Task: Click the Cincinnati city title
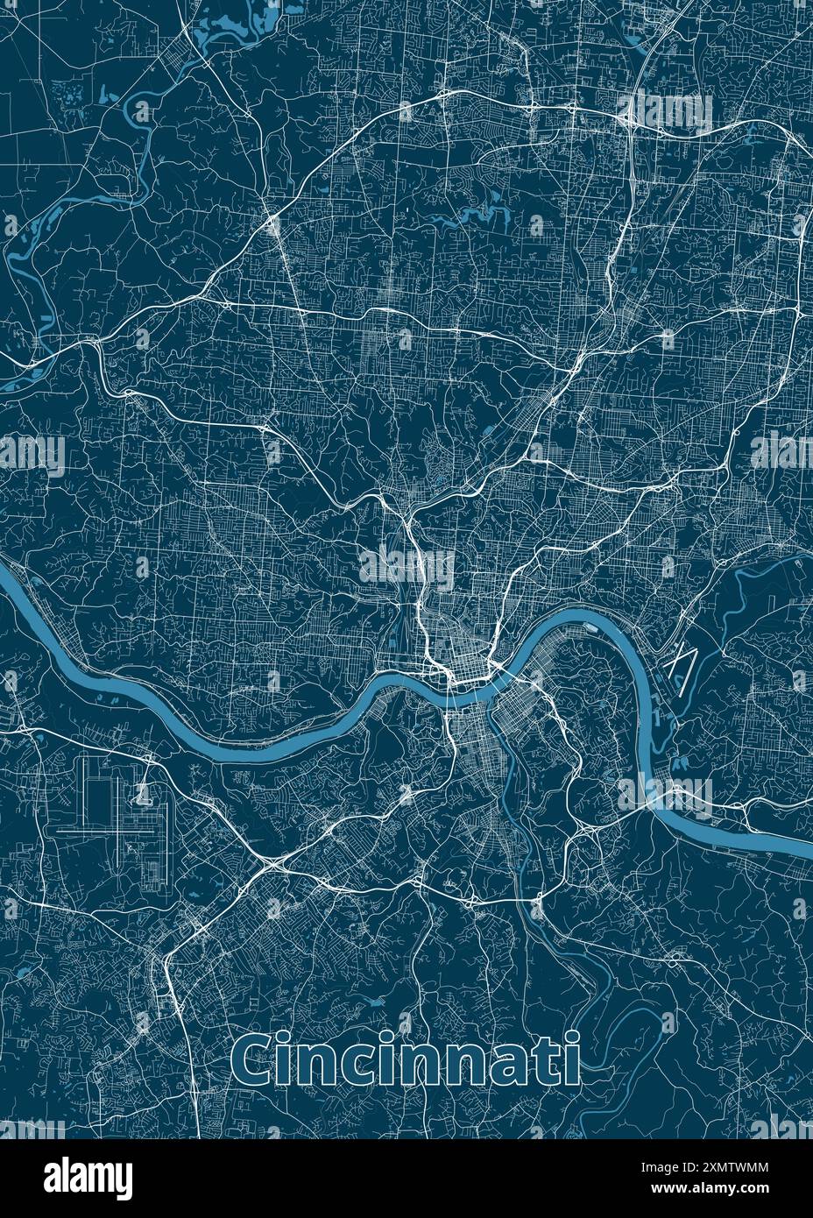(x=407, y=1060)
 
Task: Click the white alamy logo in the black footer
(x=88, y=1177)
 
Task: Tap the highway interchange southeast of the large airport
(x=271, y=864)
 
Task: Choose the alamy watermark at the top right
(x=670, y=112)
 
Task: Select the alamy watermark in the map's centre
(x=406, y=568)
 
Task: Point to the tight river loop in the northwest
(x=140, y=110)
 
